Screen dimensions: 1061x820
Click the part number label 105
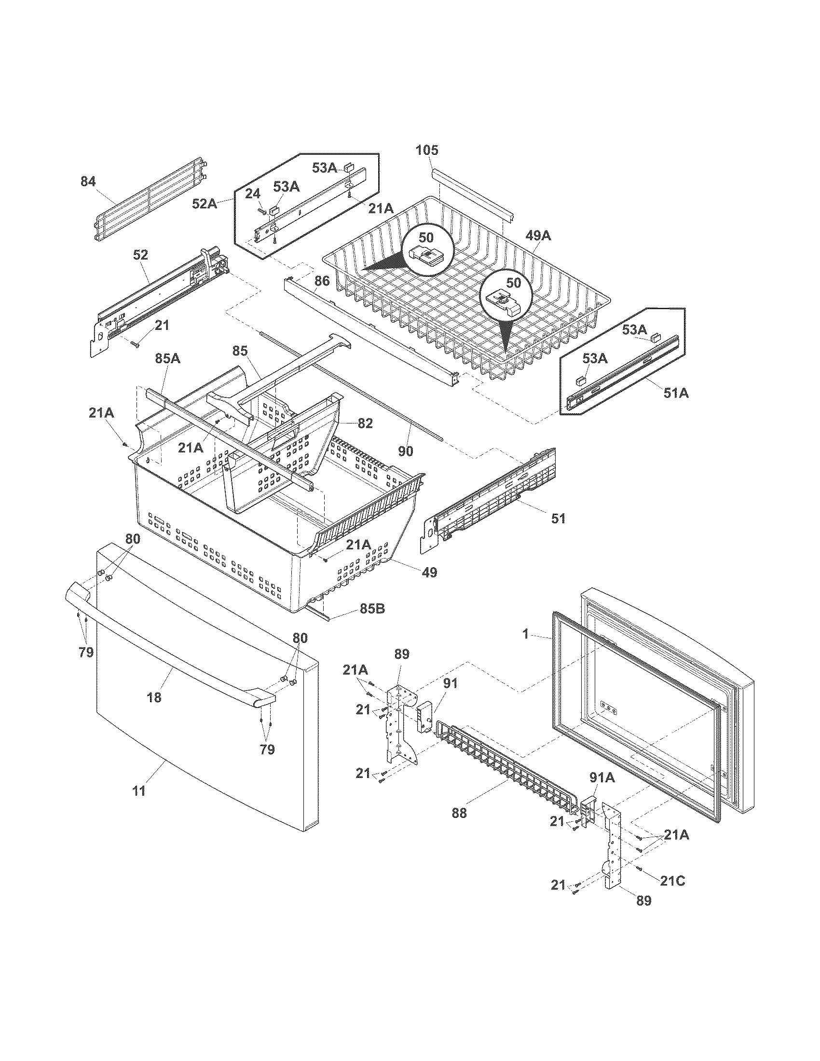427,150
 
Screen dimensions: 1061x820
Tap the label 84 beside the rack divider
88,181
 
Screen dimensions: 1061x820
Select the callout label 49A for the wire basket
538,236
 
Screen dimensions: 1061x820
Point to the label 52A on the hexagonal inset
205,204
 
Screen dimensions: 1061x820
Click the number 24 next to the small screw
252,194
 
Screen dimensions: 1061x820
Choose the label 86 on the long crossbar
322,280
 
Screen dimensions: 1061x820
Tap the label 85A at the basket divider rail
167,358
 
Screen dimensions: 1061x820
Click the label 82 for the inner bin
365,423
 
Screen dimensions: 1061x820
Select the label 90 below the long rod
406,451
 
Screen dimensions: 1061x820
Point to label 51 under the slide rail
558,518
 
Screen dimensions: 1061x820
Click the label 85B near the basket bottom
372,608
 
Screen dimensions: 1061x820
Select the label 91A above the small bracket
602,778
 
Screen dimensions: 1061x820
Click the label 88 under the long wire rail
459,812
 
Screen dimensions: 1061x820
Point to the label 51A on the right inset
676,393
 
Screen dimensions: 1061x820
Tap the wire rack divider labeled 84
146,199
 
